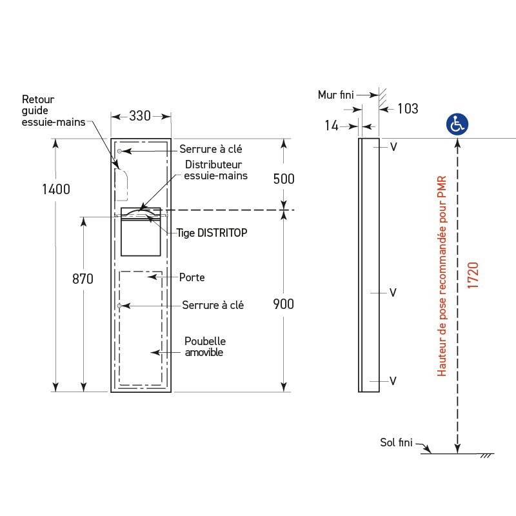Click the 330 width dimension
coord(140,116)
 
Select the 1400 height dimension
coord(56,189)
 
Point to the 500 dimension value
coord(283,179)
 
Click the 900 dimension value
coord(283,304)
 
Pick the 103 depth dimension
coord(407,109)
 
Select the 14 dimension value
coord(332,126)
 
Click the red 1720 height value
coord(473,275)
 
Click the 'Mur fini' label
coord(336,95)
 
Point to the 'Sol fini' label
coord(396,442)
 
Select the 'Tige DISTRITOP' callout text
coord(212,233)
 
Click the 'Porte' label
coord(192,277)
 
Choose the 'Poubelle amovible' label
coord(204,346)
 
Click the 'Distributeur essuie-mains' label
coord(215,170)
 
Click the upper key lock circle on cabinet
coord(120,151)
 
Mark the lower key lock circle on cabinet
coord(120,305)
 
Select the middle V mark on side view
coord(392,293)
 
